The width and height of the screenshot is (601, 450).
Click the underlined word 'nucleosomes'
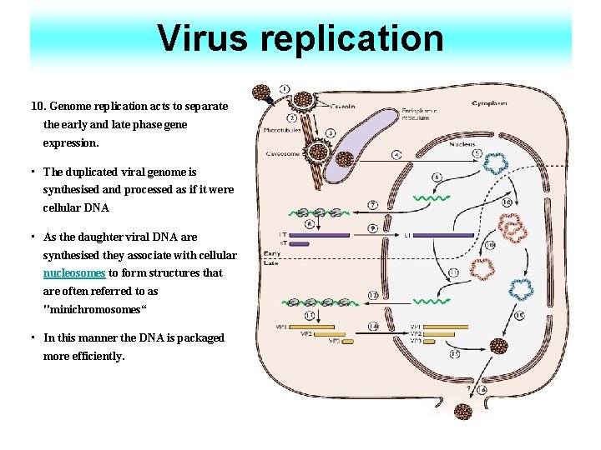point(74,272)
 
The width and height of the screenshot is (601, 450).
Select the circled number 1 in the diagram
point(285,88)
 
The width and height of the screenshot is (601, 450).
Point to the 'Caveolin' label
point(343,107)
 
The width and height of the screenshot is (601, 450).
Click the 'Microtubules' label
point(283,130)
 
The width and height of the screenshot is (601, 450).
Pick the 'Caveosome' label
point(283,153)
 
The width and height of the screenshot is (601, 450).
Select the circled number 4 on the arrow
point(396,154)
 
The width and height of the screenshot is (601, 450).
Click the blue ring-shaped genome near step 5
point(498,162)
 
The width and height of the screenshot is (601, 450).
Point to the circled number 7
point(372,204)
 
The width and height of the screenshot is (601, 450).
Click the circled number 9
point(372,228)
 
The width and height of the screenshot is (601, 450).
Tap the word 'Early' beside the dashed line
point(272,253)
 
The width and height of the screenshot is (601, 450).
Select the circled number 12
point(372,296)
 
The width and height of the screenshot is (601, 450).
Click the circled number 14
point(372,326)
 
